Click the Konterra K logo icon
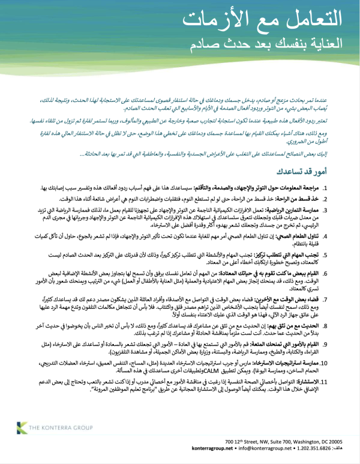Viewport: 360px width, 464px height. tap(22, 427)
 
